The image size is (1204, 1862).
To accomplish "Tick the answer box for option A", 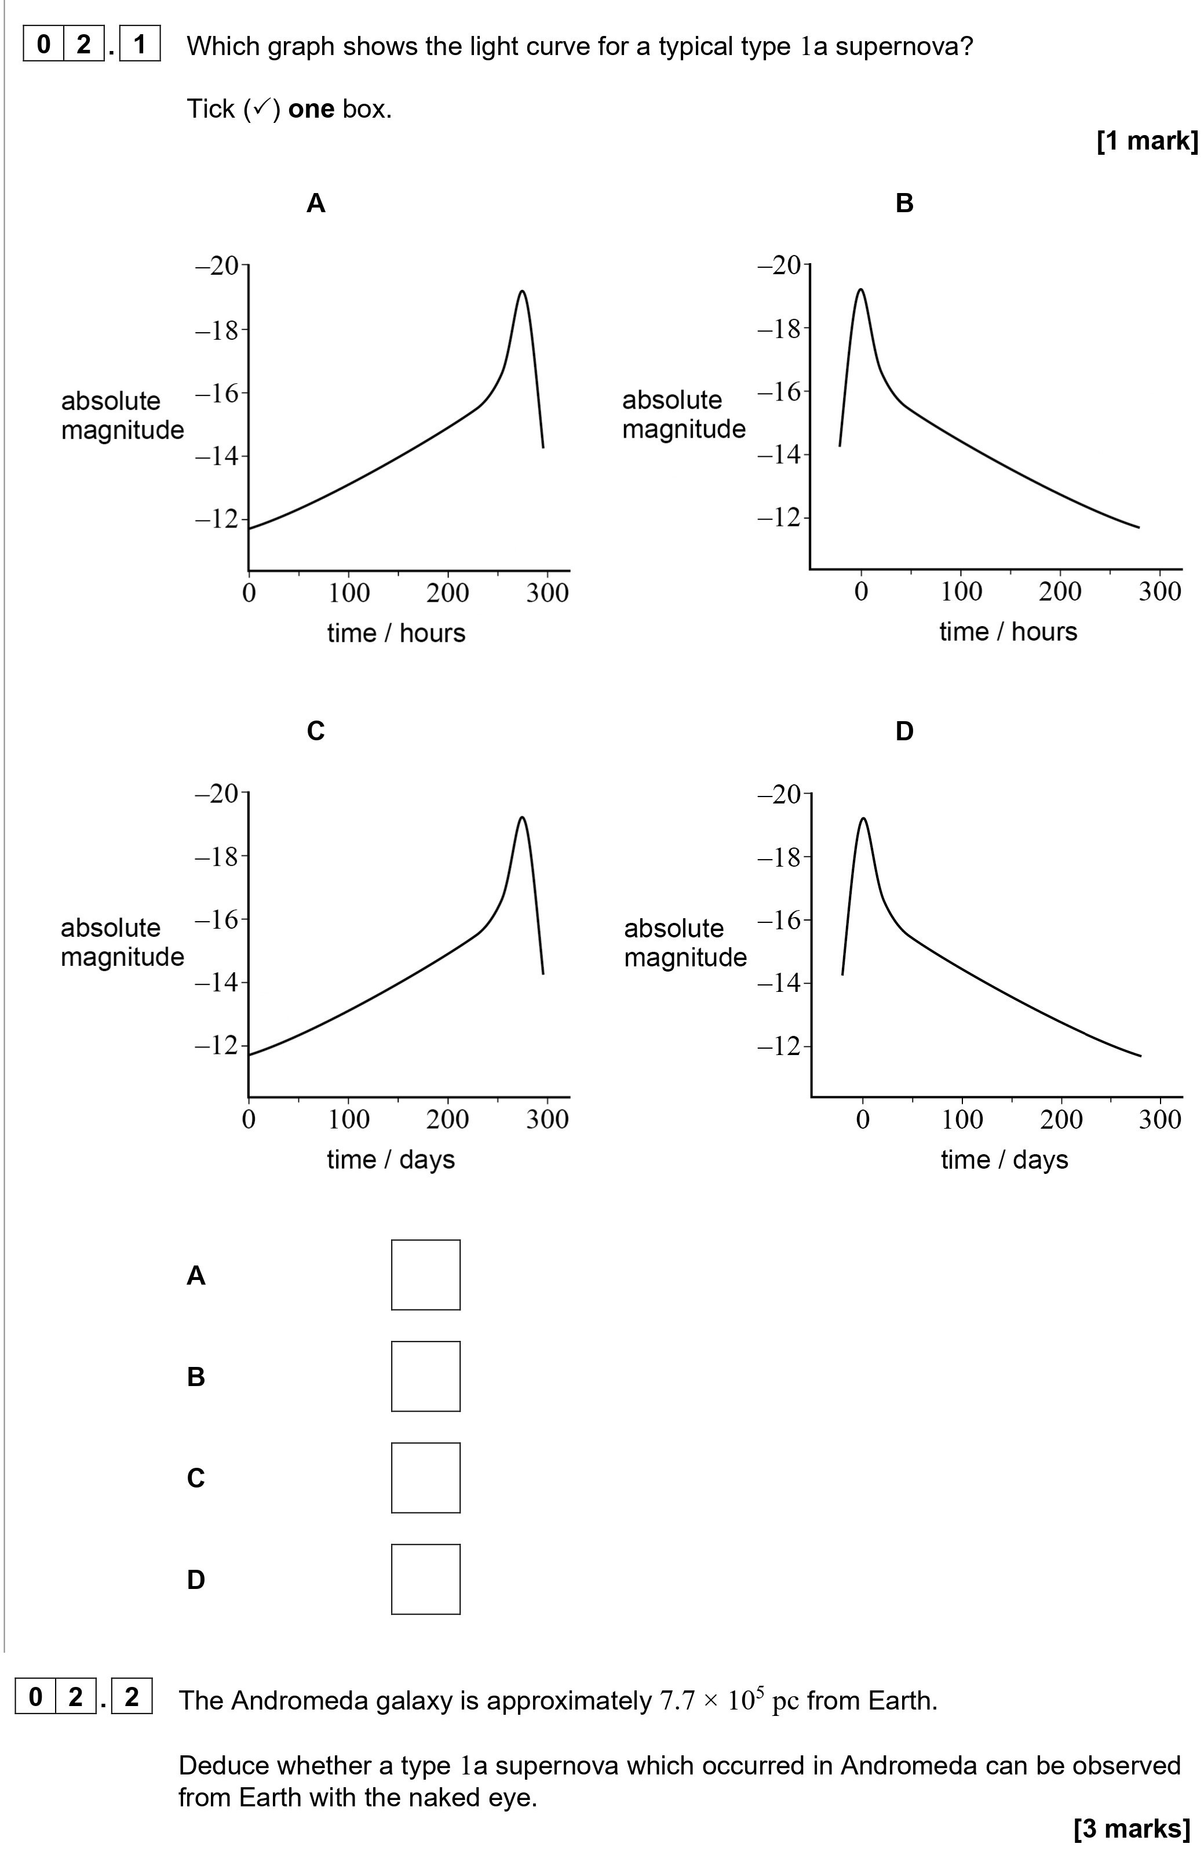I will pyautogui.click(x=425, y=1275).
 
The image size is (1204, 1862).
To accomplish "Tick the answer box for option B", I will pyautogui.click(x=425, y=1376).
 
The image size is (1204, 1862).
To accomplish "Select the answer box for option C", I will pyautogui.click(x=425, y=1478).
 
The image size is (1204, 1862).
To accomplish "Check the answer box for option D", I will pyautogui.click(x=425, y=1579).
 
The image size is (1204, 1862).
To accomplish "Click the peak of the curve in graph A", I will pyautogui.click(x=521, y=292).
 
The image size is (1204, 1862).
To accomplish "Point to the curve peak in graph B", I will pyautogui.click(x=861, y=289).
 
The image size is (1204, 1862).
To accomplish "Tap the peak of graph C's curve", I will pyautogui.click(x=521, y=818).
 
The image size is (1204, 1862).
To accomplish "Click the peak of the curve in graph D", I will pyautogui.click(x=863, y=819).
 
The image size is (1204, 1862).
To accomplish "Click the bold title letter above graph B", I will pyautogui.click(x=904, y=203).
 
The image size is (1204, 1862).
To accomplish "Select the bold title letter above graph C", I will pyautogui.click(x=315, y=730).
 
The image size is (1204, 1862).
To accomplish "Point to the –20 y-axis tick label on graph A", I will pyautogui.click(x=217, y=266).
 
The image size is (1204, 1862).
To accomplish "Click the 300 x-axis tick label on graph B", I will pyautogui.click(x=1159, y=591).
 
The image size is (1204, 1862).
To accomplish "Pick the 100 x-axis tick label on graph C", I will pyautogui.click(x=349, y=1119).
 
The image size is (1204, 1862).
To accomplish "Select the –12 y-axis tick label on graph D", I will pyautogui.click(x=779, y=1046).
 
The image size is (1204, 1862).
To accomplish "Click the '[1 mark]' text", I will pyautogui.click(x=1146, y=141).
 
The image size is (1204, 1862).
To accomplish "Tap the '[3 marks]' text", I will pyautogui.click(x=1132, y=1828).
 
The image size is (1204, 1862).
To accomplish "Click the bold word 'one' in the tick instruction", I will pyautogui.click(x=311, y=109).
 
